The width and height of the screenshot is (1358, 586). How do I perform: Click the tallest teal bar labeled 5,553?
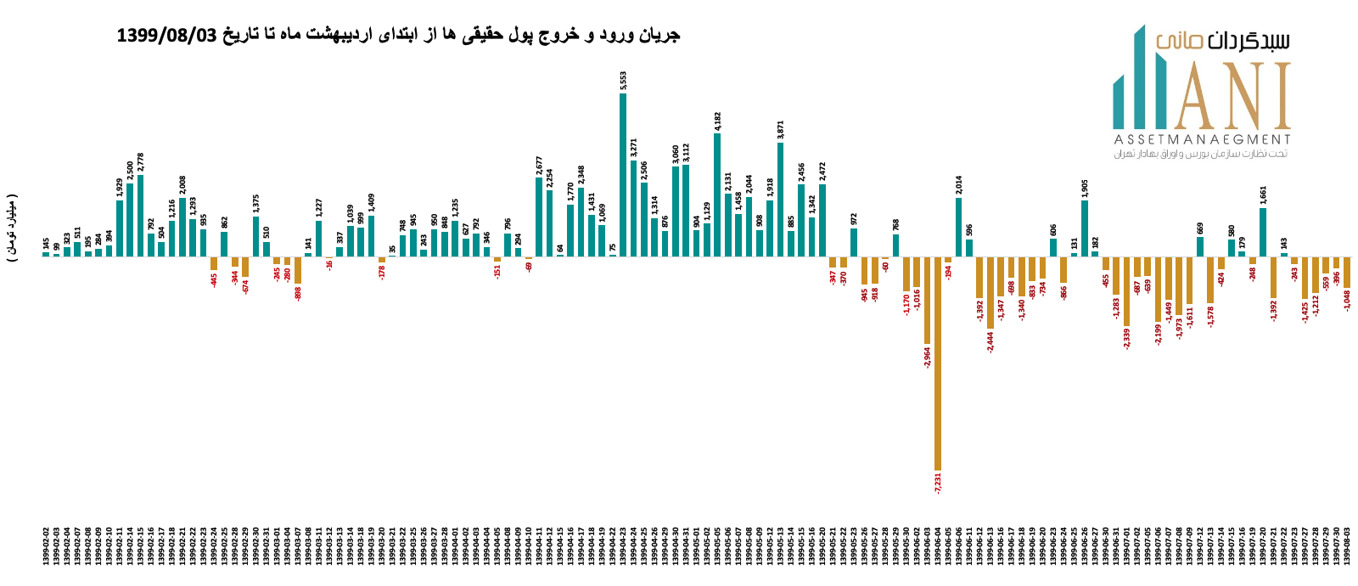[623, 174]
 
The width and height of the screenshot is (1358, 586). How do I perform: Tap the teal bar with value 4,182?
[717, 194]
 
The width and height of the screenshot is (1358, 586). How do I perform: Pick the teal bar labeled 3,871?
[780, 199]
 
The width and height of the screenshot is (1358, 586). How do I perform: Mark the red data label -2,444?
[990, 341]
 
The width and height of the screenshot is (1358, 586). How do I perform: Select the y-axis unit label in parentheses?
[12, 228]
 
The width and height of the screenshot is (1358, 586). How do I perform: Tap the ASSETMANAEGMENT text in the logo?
[1201, 139]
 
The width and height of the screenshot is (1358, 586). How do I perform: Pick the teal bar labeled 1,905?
[1085, 228]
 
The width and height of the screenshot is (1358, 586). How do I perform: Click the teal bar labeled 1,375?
[255, 236]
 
